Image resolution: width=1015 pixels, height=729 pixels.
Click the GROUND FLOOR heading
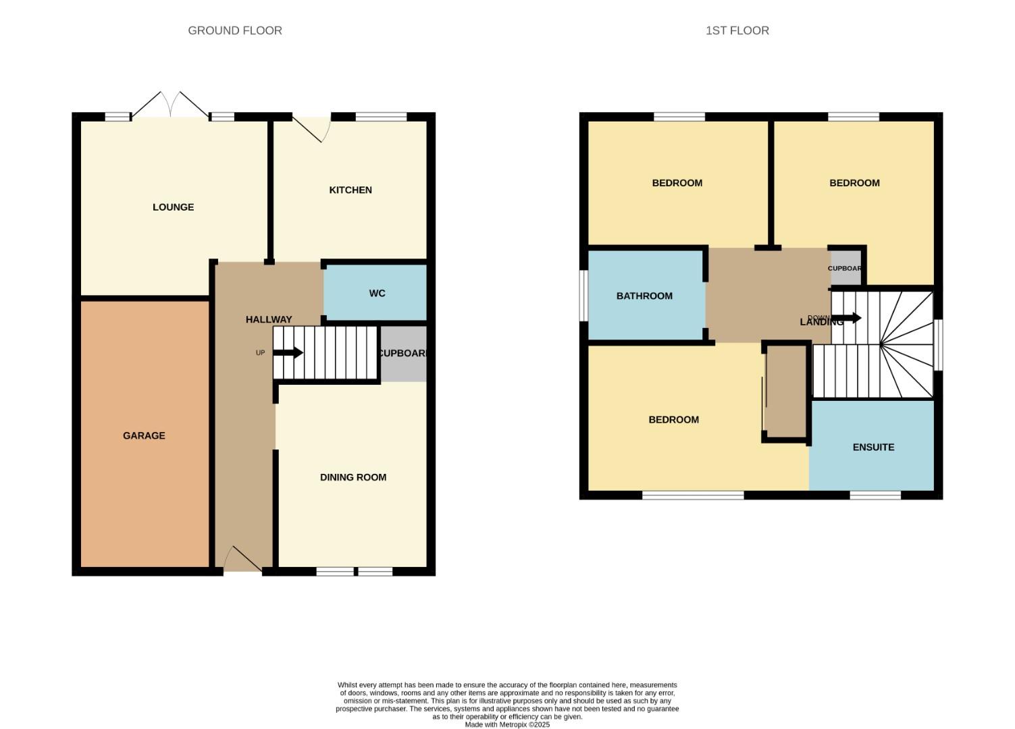click(x=235, y=30)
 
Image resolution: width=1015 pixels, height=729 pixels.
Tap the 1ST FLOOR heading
click(x=737, y=30)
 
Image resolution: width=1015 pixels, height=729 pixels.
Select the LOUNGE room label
click(x=173, y=207)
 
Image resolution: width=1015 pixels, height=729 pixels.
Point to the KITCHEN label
click(x=350, y=190)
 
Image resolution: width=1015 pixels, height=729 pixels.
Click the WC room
click(x=376, y=293)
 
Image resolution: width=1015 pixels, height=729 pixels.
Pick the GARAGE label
click(x=144, y=436)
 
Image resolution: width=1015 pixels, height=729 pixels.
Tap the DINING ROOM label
click(x=353, y=477)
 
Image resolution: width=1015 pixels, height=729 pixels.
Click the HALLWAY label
click(x=269, y=319)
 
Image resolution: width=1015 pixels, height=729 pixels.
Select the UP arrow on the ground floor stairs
click(x=288, y=352)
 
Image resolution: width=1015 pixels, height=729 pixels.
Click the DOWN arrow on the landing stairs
click(x=847, y=318)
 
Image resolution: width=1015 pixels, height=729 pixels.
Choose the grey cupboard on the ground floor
click(x=403, y=354)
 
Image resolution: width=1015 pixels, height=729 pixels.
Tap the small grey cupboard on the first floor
click(x=845, y=268)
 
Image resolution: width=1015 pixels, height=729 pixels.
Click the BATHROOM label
click(x=644, y=296)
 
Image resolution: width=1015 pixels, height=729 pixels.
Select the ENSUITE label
click(x=873, y=447)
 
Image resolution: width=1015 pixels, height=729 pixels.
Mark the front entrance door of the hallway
click(x=242, y=560)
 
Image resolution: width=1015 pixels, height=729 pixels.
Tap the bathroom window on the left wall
click(x=583, y=296)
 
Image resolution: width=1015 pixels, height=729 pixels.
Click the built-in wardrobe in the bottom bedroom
click(x=786, y=391)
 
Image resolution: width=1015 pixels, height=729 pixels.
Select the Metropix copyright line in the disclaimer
click(x=507, y=725)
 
